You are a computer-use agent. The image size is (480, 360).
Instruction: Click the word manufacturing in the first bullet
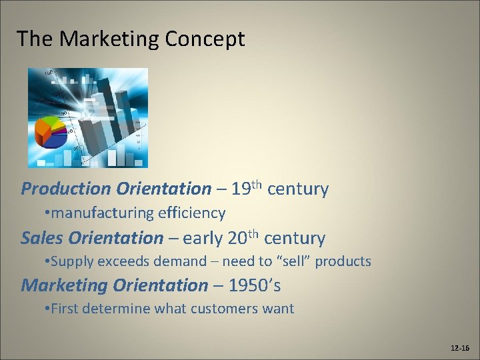[x=102, y=213]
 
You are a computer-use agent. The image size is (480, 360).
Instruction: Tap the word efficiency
[x=192, y=213]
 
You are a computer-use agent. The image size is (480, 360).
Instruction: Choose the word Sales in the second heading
[x=42, y=238]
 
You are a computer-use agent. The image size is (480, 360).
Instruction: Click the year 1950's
[x=255, y=286]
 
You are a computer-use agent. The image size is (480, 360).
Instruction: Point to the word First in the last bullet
[x=65, y=309]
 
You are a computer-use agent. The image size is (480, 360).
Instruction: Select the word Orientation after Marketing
[x=160, y=286]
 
